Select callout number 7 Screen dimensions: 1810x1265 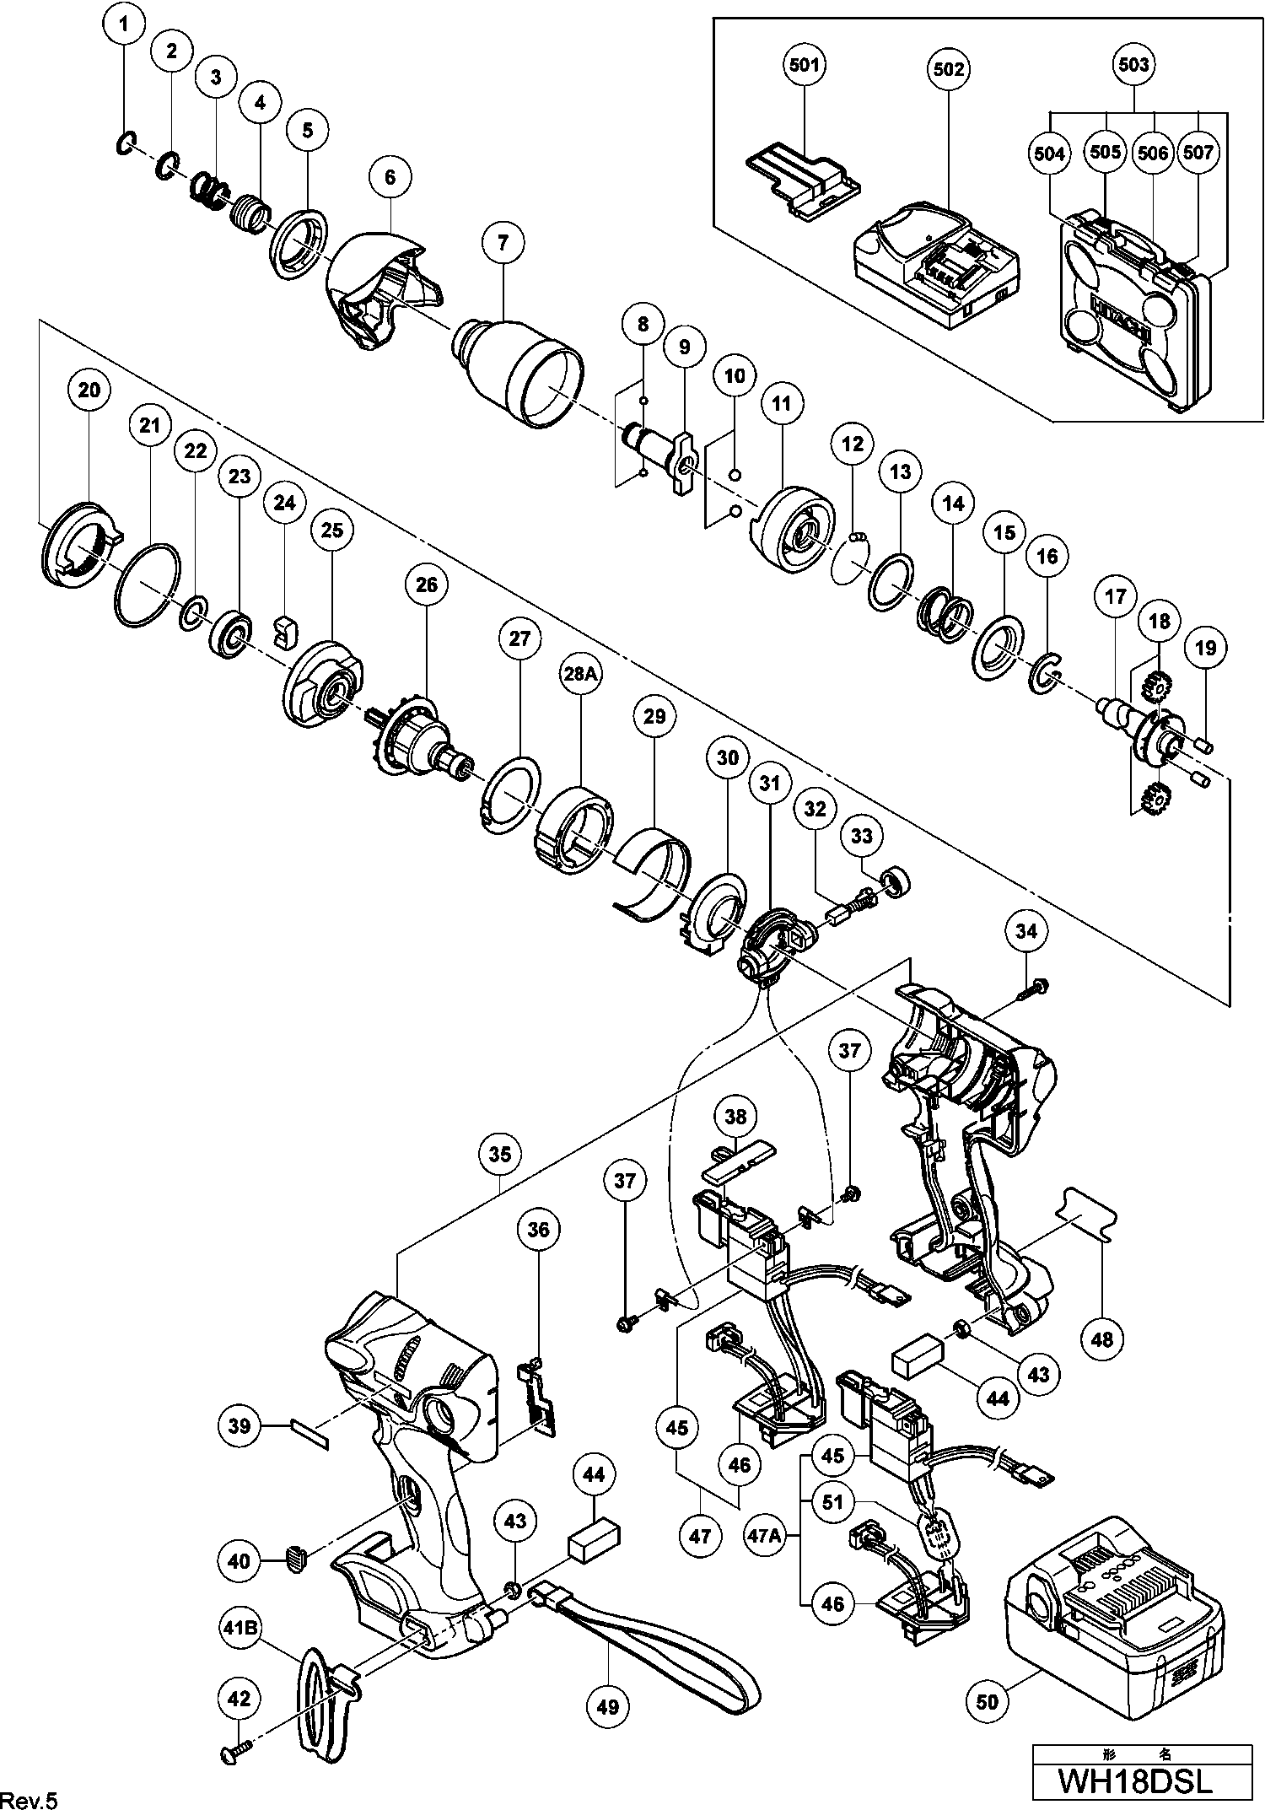(x=503, y=243)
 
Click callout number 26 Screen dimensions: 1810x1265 (x=427, y=584)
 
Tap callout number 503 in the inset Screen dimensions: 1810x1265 (x=1133, y=64)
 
